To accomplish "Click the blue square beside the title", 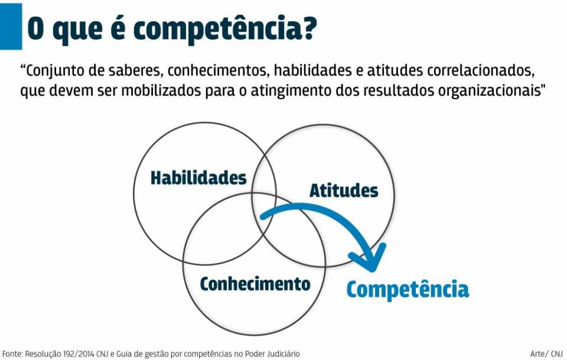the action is point(11,27).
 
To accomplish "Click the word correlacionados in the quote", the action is point(481,70).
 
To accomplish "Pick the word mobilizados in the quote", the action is point(161,91).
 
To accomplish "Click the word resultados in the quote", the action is point(398,91).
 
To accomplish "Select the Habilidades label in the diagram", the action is point(198,178).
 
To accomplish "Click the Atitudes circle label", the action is point(344,191).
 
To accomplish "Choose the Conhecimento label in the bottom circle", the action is point(255,284).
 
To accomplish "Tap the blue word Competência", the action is point(408,289).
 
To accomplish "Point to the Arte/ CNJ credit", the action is point(546,353).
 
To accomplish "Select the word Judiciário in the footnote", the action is point(283,353).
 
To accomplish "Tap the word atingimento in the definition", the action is point(291,91).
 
